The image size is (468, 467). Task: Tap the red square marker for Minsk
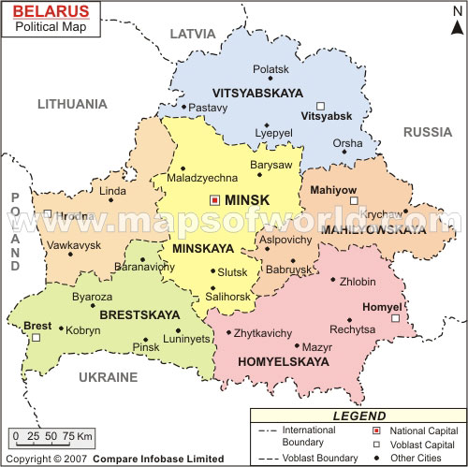214,199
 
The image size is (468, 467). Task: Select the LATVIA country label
192,34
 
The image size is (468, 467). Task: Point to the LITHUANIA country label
72,104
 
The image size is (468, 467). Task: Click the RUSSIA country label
427,132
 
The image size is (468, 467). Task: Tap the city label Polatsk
271,69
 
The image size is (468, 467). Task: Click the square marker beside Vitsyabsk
320,106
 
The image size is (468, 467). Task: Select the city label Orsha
347,143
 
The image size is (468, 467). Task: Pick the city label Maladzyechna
201,178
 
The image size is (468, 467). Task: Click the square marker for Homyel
395,318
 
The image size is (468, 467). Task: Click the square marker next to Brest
36,338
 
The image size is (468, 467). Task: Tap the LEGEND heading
358,416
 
